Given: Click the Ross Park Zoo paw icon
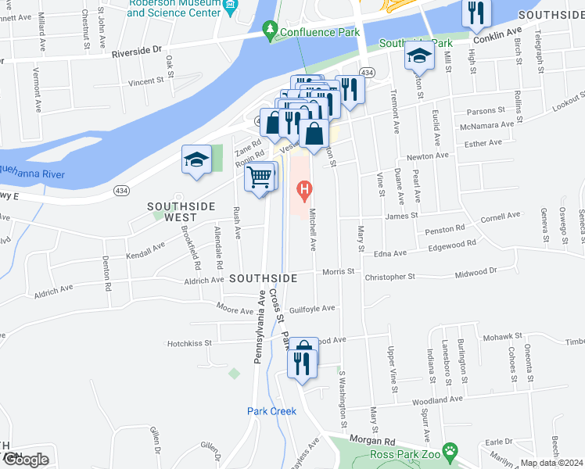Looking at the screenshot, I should click(x=450, y=451).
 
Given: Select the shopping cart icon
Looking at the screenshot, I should click(x=260, y=177).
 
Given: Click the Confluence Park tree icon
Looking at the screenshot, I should click(x=271, y=31).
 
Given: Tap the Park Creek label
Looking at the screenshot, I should click(x=271, y=411).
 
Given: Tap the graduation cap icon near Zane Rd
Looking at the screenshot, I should click(x=197, y=159).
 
